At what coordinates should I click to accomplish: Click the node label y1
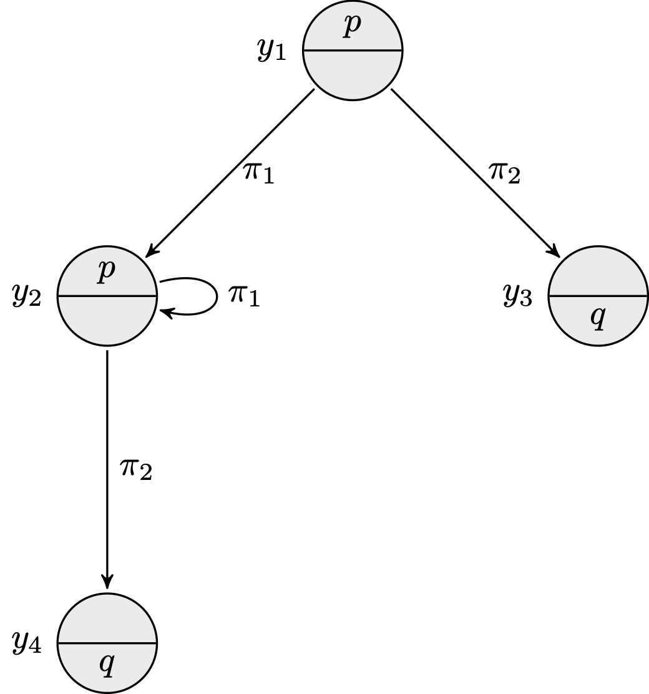[272, 51]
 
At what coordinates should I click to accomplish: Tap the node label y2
[27, 296]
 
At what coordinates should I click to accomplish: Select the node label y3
[518, 296]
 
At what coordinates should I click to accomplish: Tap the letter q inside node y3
[598, 318]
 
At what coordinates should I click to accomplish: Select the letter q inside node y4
[107, 665]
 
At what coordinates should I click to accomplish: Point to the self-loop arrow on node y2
[215, 297]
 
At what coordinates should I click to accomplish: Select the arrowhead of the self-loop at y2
[165, 310]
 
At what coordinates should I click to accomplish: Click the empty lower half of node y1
[353, 75]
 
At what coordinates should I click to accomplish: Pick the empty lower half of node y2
[107, 320]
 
